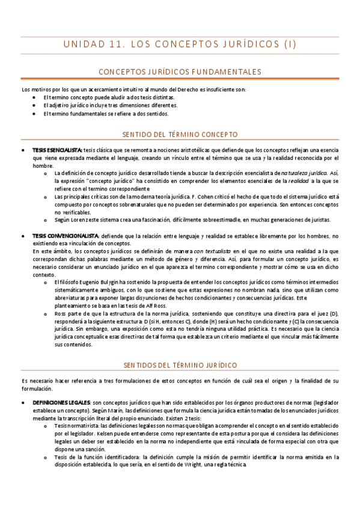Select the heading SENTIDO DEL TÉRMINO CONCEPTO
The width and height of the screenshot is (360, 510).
point(180,134)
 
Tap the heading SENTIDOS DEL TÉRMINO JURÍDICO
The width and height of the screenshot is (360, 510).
point(180,365)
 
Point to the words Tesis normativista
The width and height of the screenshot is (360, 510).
point(76,425)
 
